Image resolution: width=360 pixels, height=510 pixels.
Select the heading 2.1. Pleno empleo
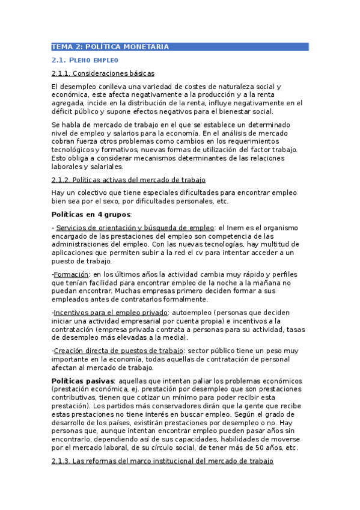click(85, 60)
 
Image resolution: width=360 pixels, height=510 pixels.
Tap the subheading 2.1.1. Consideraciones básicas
click(103, 73)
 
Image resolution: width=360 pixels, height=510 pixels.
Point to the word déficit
click(64, 111)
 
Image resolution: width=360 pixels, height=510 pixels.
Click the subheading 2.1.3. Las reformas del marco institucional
click(162, 461)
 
